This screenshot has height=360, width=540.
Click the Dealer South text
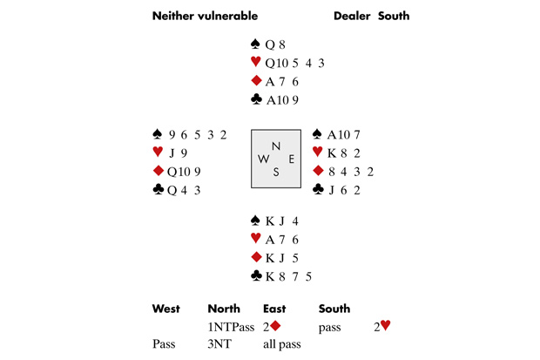(371, 16)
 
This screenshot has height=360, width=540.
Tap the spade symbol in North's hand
(255, 44)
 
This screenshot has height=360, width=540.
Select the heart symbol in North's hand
(255, 62)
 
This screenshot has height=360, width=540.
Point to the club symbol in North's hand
(255, 99)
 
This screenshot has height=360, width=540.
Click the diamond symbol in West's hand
(158, 171)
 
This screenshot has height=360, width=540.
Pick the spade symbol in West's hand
(158, 134)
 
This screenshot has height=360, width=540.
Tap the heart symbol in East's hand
(318, 153)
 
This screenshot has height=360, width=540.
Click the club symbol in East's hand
(318, 189)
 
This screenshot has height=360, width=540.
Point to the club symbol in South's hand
(255, 276)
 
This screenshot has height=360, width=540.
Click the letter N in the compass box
(276, 146)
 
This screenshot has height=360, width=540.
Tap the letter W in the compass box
(261, 160)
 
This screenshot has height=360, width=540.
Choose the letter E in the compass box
(291, 159)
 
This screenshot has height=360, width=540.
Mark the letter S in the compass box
(276, 172)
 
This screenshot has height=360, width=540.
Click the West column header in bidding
(165, 309)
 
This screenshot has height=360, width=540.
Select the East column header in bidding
(276, 309)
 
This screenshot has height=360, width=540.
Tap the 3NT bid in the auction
(219, 344)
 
